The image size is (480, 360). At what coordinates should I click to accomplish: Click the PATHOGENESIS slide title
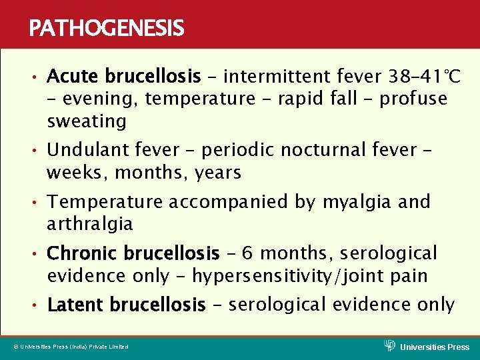106,28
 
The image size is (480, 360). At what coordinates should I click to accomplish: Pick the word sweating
87,121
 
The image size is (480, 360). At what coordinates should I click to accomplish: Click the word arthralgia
90,224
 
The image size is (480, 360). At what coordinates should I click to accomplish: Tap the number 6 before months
247,253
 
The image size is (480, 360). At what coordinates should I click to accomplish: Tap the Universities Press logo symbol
390,345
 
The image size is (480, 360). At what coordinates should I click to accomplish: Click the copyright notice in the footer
71,347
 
